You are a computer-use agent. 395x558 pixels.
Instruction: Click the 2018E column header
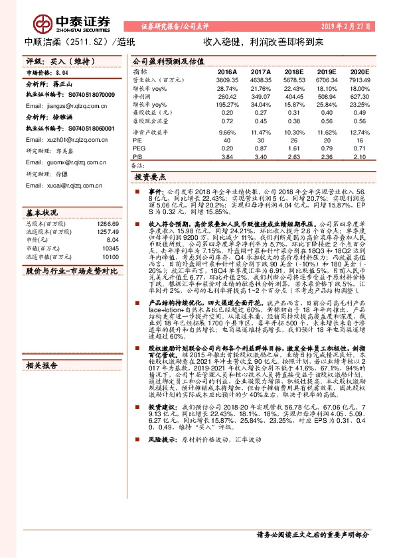click(293, 71)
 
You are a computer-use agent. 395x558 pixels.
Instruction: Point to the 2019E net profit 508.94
click(326, 96)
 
